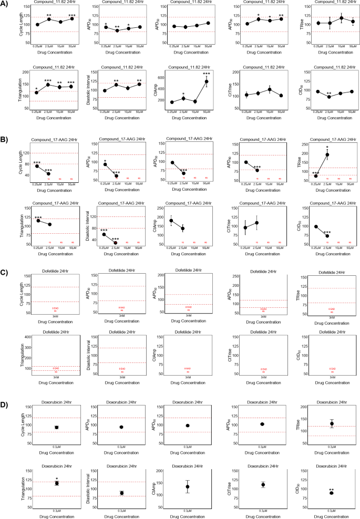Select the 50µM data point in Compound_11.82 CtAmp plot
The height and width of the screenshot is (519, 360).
tap(207, 81)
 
